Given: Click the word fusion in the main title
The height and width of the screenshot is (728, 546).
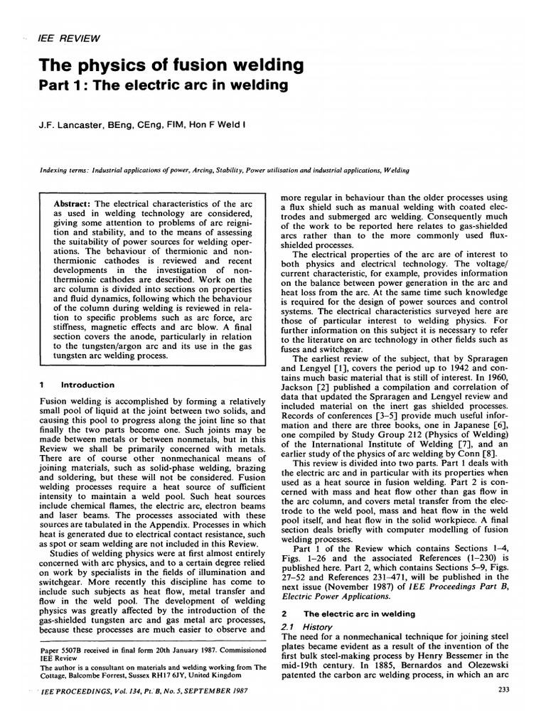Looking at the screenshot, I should pyautogui.click(x=188, y=65).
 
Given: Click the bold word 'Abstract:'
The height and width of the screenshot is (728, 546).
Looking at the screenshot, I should pyautogui.click(x=75, y=203).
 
